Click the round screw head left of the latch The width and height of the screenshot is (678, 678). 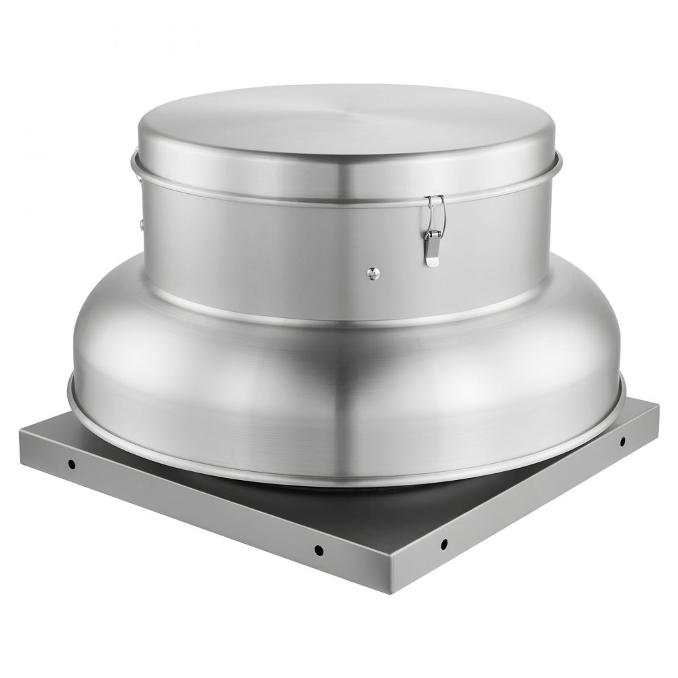pos(371,273)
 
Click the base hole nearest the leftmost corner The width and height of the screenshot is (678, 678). pos(71,465)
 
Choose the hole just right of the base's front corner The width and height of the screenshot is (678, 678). pos(443,543)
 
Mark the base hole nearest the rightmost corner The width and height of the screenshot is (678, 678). pos(622,441)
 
